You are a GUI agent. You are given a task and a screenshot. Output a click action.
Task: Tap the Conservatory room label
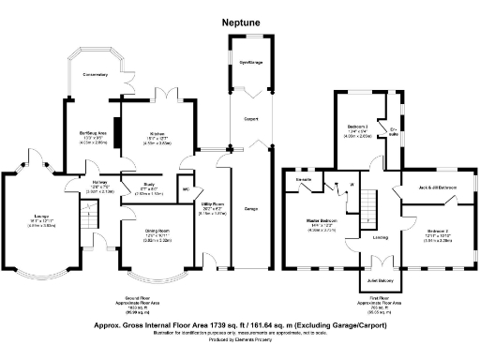click(95, 74)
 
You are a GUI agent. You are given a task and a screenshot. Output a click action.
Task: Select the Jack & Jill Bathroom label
click(437, 187)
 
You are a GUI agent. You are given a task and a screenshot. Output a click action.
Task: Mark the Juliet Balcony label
click(381, 278)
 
